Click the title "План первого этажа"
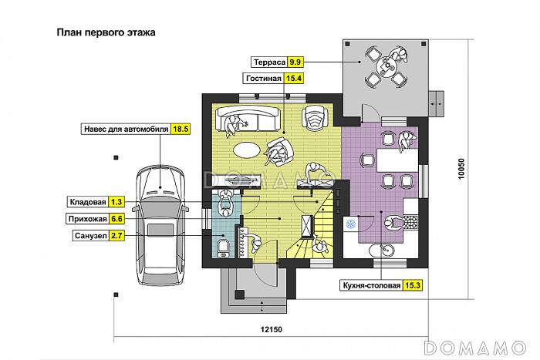pos(106,33)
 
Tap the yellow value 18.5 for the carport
pos(181,129)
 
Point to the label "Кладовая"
pos(87,202)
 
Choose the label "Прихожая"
pos(86,219)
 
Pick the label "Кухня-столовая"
pos(371,285)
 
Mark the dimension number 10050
pos(461,170)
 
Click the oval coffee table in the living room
pos(248,148)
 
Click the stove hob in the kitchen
pos(410,222)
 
